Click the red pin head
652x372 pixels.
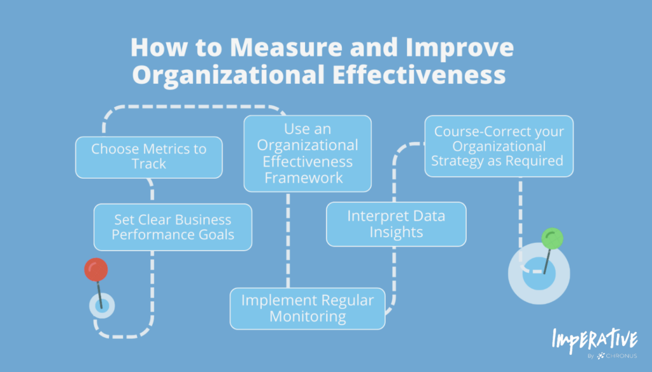[96, 270]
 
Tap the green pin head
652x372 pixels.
[552, 239]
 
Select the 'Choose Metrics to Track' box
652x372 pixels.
[149, 157]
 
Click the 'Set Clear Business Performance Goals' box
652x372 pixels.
[173, 227]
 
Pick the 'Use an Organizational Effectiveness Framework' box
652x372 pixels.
[308, 153]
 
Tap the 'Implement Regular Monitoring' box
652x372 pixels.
[308, 308]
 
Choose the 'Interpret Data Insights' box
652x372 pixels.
[396, 224]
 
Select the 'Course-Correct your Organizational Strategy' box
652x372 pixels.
[499, 146]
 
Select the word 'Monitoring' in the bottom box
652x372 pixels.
[308, 316]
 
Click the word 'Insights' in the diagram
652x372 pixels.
[396, 232]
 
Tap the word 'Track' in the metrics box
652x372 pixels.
[149, 165]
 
